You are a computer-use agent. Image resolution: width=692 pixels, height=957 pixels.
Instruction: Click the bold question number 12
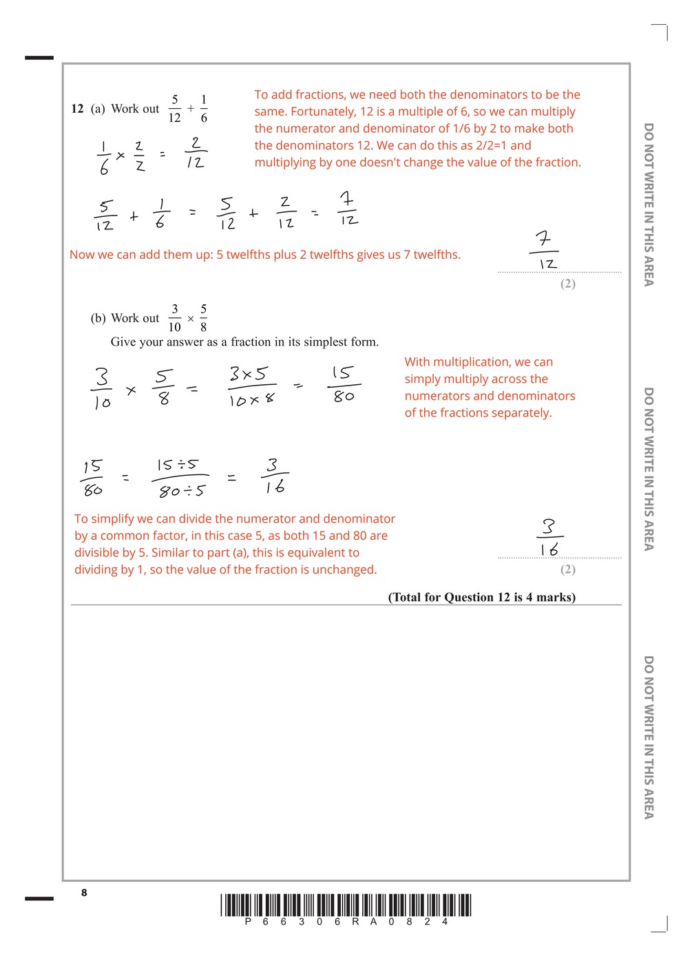click(77, 109)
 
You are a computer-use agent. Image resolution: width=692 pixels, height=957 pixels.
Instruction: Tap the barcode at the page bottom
click(346, 905)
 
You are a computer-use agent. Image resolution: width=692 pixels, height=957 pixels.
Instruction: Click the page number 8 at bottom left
click(84, 893)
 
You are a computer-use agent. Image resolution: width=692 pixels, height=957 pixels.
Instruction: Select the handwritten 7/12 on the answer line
click(545, 251)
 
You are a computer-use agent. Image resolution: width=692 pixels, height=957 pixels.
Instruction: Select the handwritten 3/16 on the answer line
click(549, 538)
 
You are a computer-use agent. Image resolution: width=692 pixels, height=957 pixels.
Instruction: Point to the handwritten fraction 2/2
click(140, 156)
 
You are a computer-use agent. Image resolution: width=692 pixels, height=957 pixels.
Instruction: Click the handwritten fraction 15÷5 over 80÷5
click(180, 477)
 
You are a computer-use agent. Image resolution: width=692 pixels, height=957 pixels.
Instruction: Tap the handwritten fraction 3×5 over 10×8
click(251, 386)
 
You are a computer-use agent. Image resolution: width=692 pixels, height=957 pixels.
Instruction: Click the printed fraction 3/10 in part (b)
click(174, 318)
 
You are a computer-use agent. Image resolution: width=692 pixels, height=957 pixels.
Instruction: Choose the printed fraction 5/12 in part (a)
click(175, 109)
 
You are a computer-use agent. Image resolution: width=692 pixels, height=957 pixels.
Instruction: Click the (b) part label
click(98, 318)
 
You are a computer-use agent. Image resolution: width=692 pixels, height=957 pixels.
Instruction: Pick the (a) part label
click(98, 109)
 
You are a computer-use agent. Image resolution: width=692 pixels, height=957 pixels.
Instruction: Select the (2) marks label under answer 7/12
click(567, 284)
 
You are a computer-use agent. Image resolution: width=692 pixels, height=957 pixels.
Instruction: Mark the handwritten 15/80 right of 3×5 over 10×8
click(343, 384)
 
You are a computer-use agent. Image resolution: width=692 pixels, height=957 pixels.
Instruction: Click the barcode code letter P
click(248, 922)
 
